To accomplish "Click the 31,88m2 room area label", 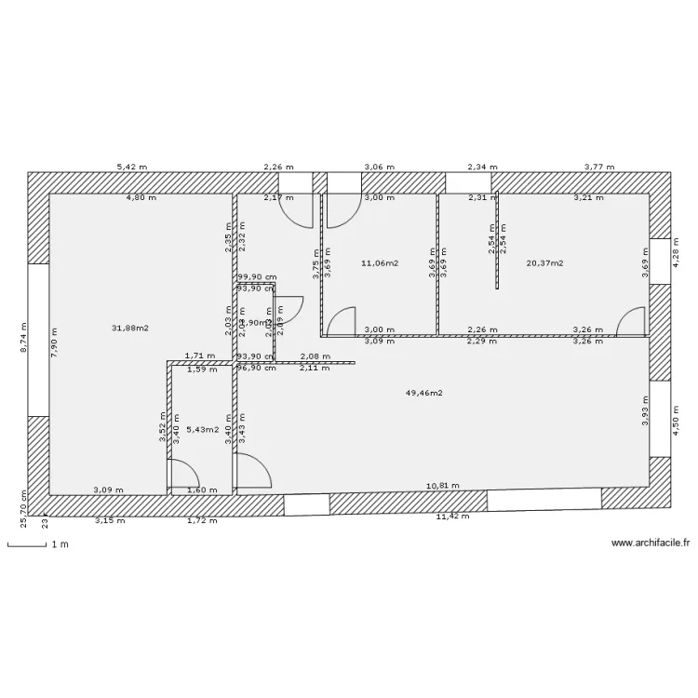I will coord(130,328).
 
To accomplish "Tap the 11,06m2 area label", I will coord(379,263).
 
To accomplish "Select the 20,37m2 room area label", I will coord(545,263).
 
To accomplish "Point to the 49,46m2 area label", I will coord(423,393).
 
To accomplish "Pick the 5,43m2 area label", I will coord(201,429).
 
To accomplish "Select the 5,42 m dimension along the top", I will coord(131,168).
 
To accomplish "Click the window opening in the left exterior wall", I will coord(37,340).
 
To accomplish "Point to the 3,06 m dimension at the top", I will coord(379,168).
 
